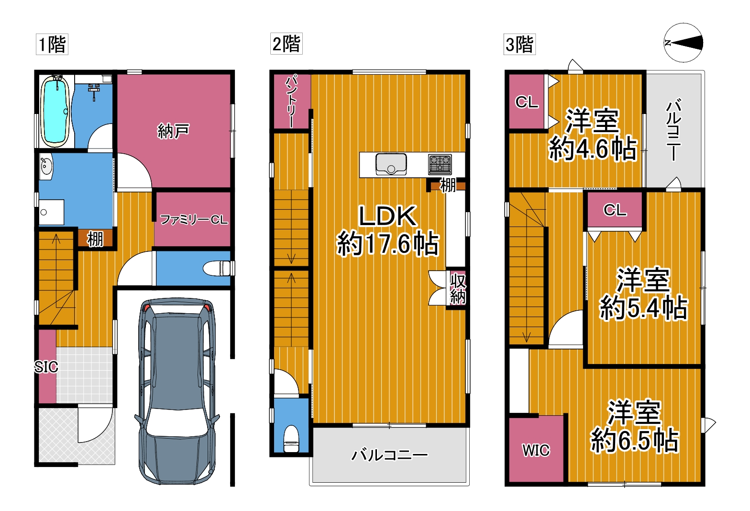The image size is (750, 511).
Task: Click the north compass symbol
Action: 683,43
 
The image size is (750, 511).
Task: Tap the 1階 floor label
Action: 52,44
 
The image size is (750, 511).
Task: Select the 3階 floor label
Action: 519,44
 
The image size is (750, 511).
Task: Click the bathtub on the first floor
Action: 55,111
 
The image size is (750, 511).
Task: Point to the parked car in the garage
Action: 177,391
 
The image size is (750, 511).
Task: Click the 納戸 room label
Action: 174,131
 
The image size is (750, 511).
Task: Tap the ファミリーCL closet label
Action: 194,220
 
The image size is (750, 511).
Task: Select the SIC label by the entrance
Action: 46,367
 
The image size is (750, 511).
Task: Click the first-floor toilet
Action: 218,268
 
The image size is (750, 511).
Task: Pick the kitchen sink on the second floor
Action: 391,164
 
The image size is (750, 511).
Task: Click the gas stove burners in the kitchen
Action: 440,165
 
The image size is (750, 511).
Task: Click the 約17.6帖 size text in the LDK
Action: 387,244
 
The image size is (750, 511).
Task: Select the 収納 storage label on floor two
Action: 458,288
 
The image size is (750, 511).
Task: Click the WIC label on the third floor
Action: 536,450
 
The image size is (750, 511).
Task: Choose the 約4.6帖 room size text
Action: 592,148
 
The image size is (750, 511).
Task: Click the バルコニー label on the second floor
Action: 389,455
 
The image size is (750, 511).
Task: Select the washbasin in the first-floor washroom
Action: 46,167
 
